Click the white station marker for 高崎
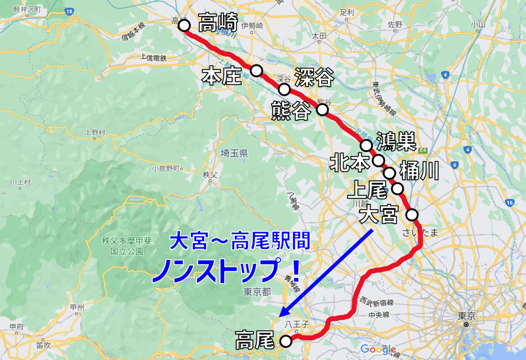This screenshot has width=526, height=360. (184, 25)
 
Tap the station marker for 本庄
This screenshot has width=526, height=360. (256, 70)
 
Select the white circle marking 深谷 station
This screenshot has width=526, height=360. (284, 90)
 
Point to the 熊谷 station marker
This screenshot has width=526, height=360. (323, 109)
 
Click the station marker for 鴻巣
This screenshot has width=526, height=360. (366, 145)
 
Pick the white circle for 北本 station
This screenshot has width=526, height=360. (378, 160)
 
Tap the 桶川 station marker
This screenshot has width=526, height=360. (390, 173)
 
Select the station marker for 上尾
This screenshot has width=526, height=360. (398, 189)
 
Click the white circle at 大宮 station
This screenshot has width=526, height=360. (412, 215)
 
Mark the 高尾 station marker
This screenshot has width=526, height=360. (285, 341)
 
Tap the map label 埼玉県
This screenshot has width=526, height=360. (235, 153)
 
